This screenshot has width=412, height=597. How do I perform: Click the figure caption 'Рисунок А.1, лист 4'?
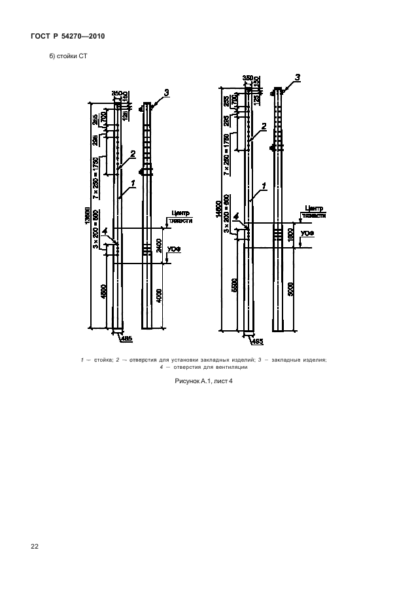click(203, 381)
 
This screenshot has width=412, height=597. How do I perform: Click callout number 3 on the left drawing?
click(166, 93)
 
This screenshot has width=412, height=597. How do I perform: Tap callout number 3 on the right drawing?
click(298, 78)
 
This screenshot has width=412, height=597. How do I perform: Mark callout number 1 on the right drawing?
click(264, 186)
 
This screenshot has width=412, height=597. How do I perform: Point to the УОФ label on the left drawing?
click(173, 249)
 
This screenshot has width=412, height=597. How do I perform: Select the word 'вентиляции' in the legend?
click(232, 367)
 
